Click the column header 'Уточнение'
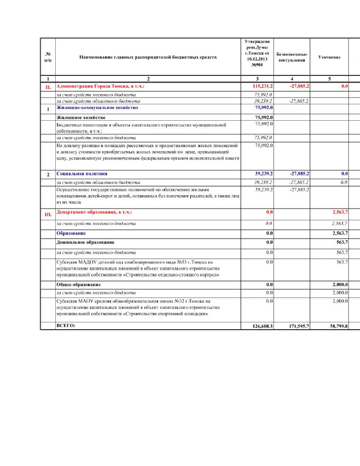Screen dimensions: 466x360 pyautogui.click(x=329, y=57)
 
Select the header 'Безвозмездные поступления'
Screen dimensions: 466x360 pyautogui.click(x=292, y=57)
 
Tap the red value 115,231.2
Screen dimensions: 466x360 pyautogui.click(x=263, y=86)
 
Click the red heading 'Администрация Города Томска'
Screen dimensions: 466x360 pyautogui.click(x=100, y=86)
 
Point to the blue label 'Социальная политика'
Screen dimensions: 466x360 pyautogui.click(x=82, y=174)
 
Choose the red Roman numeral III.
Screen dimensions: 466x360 pyautogui.click(x=48, y=215)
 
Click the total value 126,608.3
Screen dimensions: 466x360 pyautogui.click(x=263, y=326)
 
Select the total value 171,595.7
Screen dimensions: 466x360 pyautogui.click(x=299, y=326)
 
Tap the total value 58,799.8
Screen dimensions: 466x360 pyautogui.click(x=339, y=326)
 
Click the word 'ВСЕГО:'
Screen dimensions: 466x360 pyautogui.click(x=66, y=325)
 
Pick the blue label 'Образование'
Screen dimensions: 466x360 pyautogui.click(x=71, y=233)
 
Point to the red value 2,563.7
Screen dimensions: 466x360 pyautogui.click(x=340, y=212)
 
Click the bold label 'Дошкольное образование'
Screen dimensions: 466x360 pyautogui.click(x=85, y=242)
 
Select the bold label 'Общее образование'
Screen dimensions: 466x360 pyautogui.click(x=78, y=284)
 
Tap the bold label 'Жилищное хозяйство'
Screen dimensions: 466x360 pyautogui.click(x=81, y=117)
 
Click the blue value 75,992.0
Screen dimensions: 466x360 pyautogui.click(x=264, y=108)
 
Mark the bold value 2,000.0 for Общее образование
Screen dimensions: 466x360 pyautogui.click(x=340, y=284)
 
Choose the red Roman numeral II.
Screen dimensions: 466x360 pyautogui.click(x=48, y=87)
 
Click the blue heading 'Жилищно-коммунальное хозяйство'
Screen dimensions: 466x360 pyautogui.click(x=97, y=108)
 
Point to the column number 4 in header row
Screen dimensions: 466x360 pyautogui.click(x=292, y=79)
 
